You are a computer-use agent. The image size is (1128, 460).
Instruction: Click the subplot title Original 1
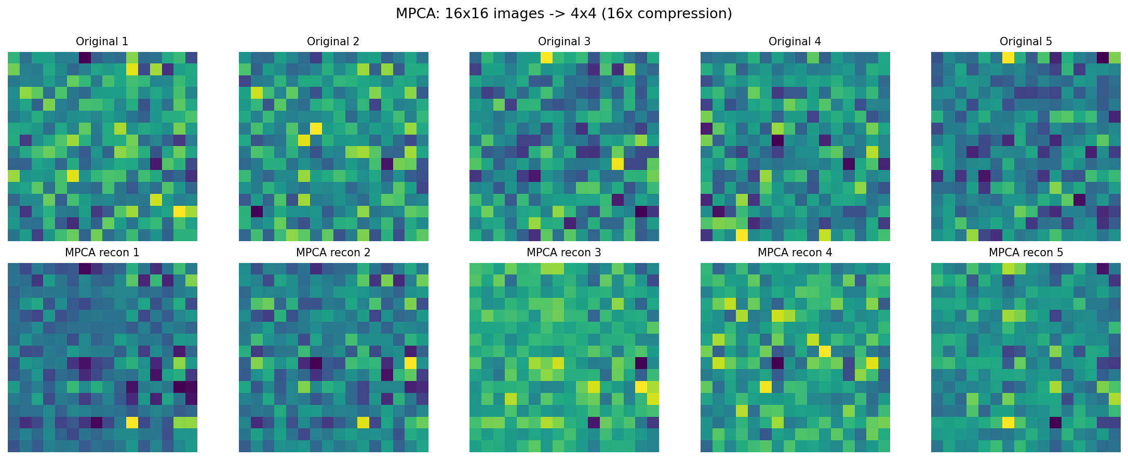coord(102,42)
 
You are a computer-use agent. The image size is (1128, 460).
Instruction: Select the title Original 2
coord(333,42)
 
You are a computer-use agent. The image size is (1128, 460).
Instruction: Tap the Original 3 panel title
coord(564,42)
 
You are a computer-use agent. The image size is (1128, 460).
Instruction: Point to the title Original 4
coord(795,42)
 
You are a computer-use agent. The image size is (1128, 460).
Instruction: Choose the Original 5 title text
coord(1026,42)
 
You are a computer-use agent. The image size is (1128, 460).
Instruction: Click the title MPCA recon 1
coord(102,253)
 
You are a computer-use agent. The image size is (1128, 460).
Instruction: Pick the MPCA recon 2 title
coord(333,253)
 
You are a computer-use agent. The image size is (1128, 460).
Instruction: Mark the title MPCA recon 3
coord(564,253)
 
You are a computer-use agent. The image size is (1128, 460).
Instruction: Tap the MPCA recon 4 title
coord(795,253)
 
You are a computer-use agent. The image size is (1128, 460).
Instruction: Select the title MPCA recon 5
coord(1026,253)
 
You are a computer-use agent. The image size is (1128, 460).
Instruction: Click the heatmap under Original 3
coord(564,147)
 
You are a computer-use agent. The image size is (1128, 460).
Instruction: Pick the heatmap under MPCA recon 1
coord(102,358)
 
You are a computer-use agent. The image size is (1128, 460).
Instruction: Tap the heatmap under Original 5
coord(1026,147)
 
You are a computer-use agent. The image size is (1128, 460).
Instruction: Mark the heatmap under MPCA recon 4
coord(795,358)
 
